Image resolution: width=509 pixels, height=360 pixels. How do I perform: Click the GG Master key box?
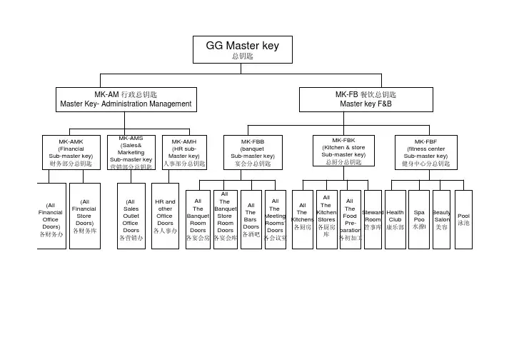coord(242,49)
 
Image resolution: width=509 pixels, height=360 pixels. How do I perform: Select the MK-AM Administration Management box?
coord(126,99)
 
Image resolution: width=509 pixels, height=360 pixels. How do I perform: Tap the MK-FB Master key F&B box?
coord(366,99)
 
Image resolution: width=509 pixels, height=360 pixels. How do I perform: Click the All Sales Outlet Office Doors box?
coord(131,219)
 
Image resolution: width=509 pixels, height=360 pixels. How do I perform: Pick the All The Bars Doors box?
coord(251,219)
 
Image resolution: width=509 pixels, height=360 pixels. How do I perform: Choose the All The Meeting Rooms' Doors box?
coord(275,219)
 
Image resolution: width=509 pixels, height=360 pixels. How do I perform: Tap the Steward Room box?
coord(373,219)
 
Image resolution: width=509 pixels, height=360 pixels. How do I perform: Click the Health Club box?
coord(395,219)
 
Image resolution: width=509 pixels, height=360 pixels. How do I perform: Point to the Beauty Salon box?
coord(441,219)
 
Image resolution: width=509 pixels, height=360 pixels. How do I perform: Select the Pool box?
coord(463,219)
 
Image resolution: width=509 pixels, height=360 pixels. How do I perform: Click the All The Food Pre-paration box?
coord(350,219)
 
